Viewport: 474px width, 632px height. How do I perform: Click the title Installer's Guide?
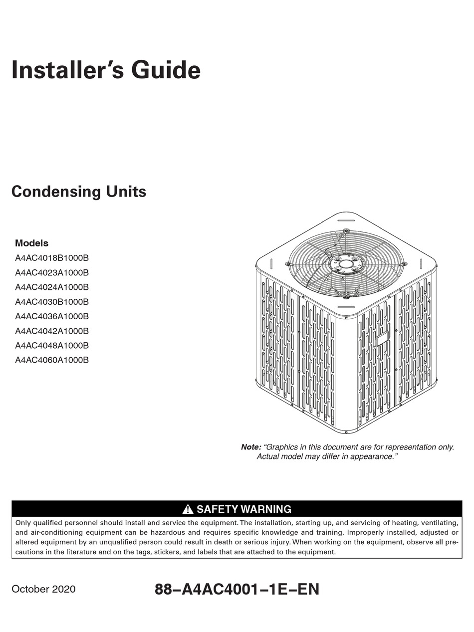click(106, 70)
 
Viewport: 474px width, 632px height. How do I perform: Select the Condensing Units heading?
click(79, 192)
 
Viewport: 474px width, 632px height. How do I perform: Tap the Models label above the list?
click(31, 243)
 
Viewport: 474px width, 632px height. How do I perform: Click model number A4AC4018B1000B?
click(52, 258)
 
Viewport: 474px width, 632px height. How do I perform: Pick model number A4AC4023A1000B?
click(52, 273)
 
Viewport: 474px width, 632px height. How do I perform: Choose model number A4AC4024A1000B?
click(52, 287)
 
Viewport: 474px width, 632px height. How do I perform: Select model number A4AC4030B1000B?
click(52, 302)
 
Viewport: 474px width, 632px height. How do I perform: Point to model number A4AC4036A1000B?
click(52, 316)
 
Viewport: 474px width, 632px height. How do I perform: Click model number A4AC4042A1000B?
click(52, 331)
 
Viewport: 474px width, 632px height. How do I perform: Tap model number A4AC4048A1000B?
click(52, 345)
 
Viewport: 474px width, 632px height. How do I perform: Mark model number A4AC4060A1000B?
click(52, 360)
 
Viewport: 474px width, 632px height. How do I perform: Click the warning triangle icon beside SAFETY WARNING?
click(188, 509)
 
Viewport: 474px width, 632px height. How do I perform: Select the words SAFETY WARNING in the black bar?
click(244, 509)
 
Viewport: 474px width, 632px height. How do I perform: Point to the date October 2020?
click(43, 589)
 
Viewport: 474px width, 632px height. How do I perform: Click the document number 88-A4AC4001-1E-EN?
click(237, 589)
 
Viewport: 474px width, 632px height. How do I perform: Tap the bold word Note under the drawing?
click(251, 447)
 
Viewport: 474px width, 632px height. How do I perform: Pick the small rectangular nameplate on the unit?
click(383, 339)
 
